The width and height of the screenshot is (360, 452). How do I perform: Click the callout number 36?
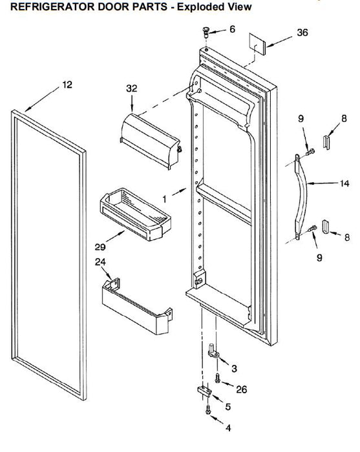pyautogui.click(x=302, y=32)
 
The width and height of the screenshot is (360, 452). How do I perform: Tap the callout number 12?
pyautogui.click(x=67, y=85)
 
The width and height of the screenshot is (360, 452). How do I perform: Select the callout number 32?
pyautogui.click(x=132, y=88)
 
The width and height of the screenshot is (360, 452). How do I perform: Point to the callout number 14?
pyautogui.click(x=344, y=183)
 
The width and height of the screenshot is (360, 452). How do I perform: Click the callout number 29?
pyautogui.click(x=100, y=247)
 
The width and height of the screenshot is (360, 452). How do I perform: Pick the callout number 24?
pyautogui.click(x=100, y=262)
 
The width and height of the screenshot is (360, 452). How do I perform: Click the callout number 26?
pyautogui.click(x=242, y=389)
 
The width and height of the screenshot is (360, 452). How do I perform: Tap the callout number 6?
pyautogui.click(x=232, y=29)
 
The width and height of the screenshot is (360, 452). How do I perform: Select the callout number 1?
pyautogui.click(x=164, y=199)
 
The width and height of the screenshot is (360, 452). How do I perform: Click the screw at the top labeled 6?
pyautogui.click(x=206, y=32)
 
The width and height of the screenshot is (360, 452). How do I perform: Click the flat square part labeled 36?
pyautogui.click(x=257, y=44)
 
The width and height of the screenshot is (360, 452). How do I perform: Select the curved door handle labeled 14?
pyautogui.click(x=300, y=196)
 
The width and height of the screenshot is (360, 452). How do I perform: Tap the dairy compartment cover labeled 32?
pyautogui.click(x=150, y=141)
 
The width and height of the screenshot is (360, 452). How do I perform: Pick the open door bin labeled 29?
pyautogui.click(x=135, y=214)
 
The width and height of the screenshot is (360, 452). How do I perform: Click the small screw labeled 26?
pyautogui.click(x=218, y=378)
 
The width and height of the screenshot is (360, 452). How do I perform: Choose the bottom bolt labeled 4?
pyautogui.click(x=208, y=409)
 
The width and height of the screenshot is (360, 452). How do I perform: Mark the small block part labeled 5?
pyautogui.click(x=204, y=391)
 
